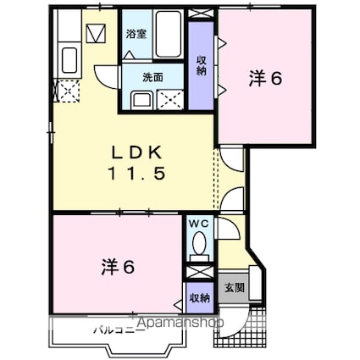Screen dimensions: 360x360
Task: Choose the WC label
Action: coord(199,224)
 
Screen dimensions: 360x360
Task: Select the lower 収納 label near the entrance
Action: coord(199,297)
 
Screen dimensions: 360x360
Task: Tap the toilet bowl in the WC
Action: coord(199,245)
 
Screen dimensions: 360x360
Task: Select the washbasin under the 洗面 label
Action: coord(141,100)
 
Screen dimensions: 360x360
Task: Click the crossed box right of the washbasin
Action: coord(170,100)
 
